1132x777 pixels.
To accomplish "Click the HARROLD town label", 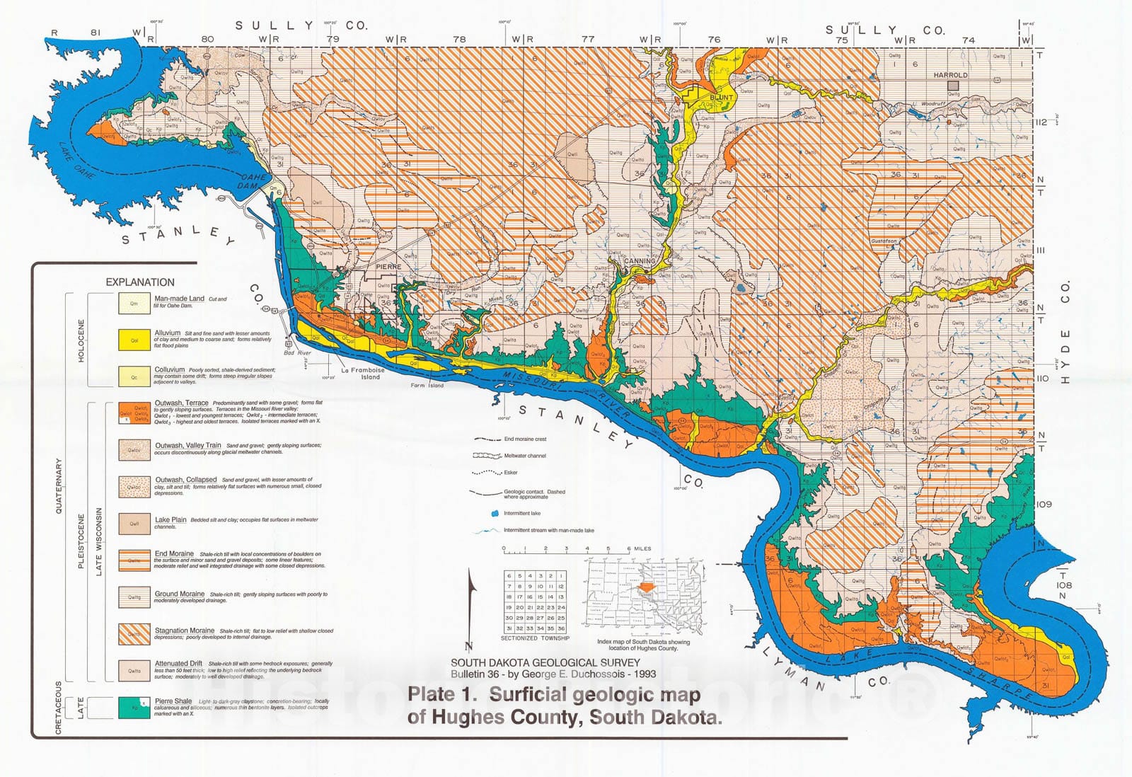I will [950, 74].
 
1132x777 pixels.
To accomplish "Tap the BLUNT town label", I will [721, 97].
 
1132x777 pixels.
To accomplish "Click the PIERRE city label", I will [388, 267].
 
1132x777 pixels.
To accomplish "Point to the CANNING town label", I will [640, 260].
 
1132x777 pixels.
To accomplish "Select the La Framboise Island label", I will [362, 373].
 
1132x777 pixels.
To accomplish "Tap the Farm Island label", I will [427, 385].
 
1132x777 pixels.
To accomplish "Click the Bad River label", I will [297, 352].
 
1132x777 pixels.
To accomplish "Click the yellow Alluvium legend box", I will [134, 340].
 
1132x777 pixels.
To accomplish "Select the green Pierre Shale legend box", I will [134, 707].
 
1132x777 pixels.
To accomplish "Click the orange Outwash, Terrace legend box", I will [134, 413].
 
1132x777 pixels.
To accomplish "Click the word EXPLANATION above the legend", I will [140, 282].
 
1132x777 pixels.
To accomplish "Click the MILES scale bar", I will [566, 550].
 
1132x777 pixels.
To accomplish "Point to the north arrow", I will [471, 609].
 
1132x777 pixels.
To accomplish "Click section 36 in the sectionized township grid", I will [561, 628].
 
